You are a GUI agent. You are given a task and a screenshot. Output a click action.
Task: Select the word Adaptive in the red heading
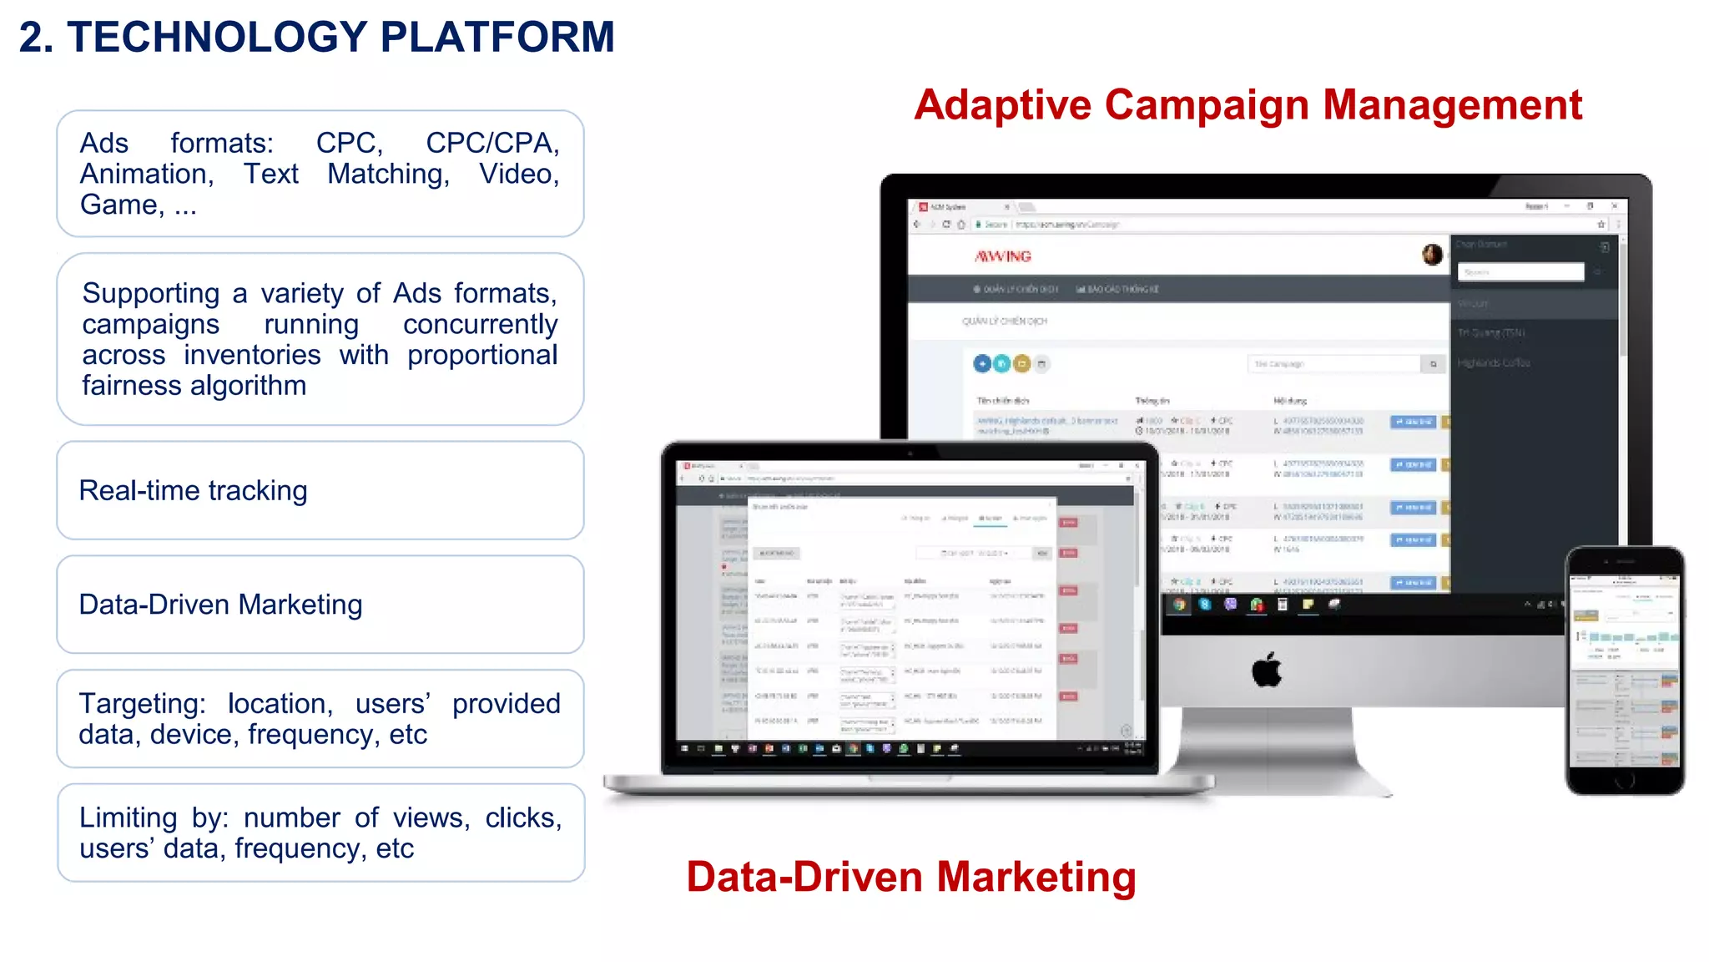click(x=1002, y=106)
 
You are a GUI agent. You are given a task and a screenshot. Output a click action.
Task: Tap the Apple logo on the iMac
click(x=1267, y=670)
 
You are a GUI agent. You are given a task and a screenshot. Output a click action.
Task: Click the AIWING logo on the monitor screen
click(x=1003, y=256)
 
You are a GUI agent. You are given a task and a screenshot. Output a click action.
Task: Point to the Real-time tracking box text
click(x=193, y=491)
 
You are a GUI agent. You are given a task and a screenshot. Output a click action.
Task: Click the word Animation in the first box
click(x=147, y=175)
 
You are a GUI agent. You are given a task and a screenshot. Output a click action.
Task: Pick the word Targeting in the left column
click(x=142, y=704)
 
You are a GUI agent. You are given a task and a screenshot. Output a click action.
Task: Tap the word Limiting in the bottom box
click(x=129, y=818)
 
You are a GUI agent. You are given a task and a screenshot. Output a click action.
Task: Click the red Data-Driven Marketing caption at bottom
click(x=910, y=877)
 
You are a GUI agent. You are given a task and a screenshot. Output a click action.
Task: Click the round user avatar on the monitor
click(x=1432, y=255)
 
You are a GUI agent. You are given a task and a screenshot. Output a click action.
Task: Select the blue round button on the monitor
click(x=982, y=364)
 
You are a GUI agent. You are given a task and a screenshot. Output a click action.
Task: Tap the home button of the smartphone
click(x=1624, y=781)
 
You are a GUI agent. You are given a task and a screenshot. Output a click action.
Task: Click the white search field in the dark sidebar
click(x=1520, y=272)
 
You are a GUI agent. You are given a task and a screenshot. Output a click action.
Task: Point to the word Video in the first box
click(x=519, y=175)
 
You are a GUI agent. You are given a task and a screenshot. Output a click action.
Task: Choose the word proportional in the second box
click(x=482, y=356)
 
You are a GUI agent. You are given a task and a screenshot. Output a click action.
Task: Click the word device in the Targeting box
click(x=197, y=735)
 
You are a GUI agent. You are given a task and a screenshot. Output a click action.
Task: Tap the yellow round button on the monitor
click(x=1021, y=364)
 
